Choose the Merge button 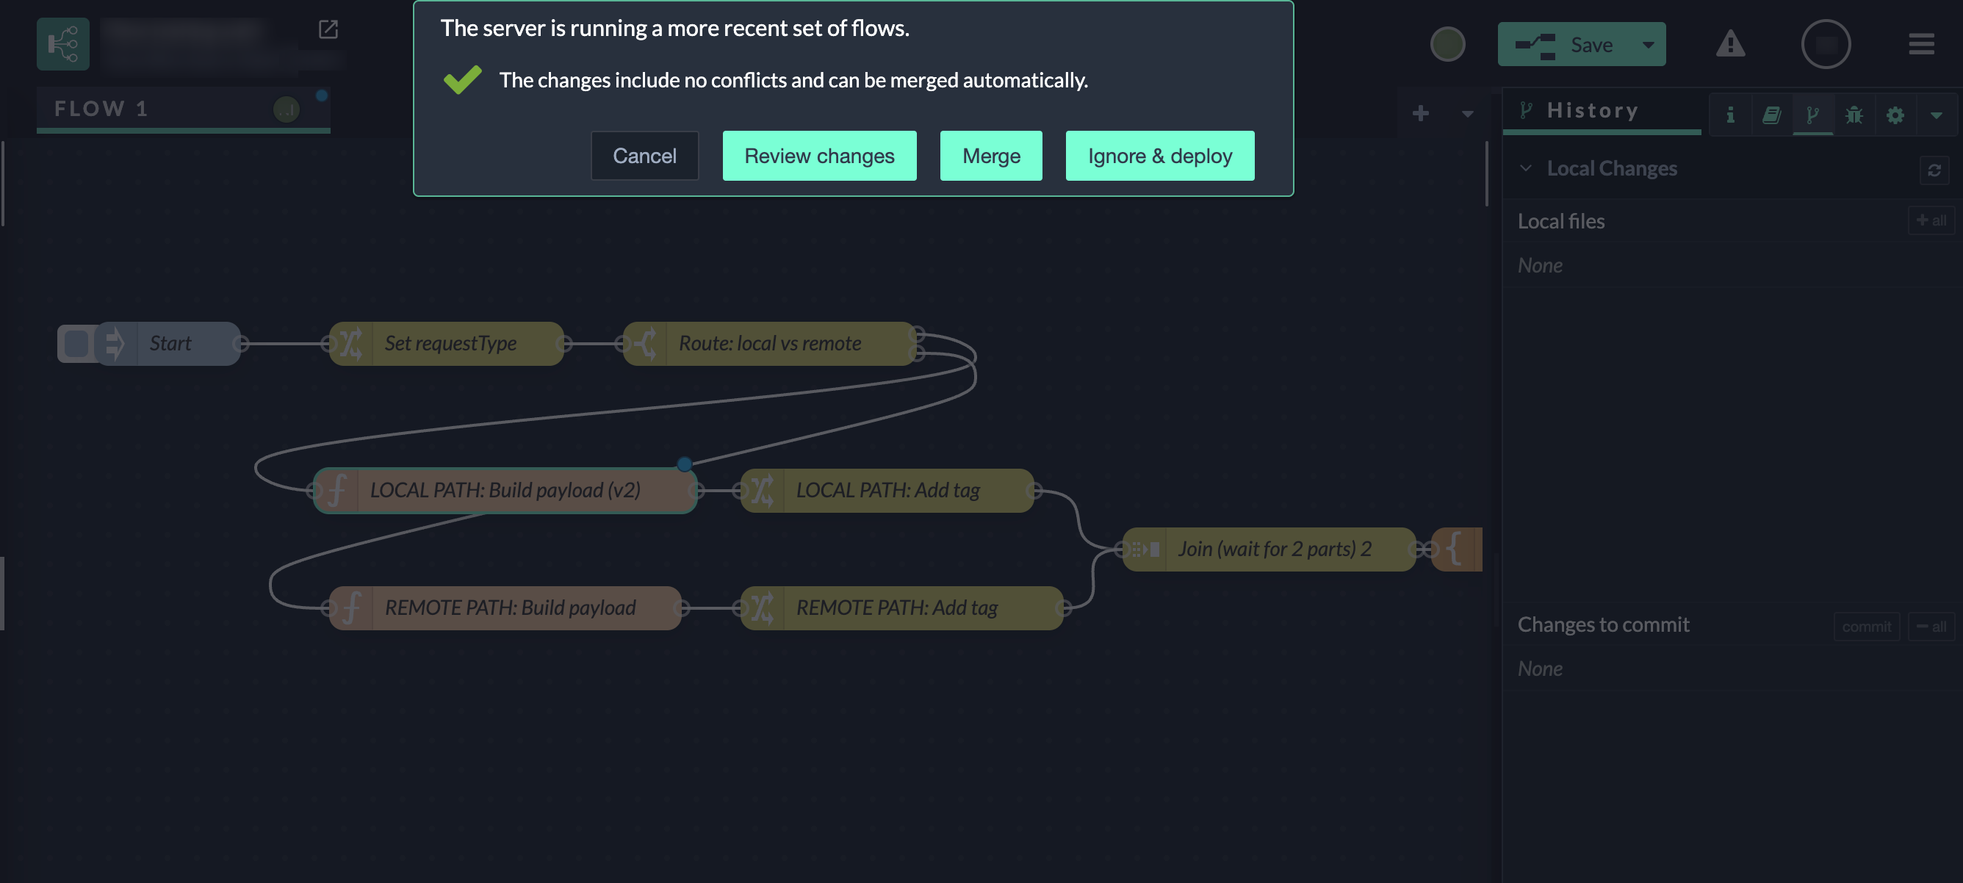click(x=990, y=156)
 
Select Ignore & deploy click(x=1159, y=156)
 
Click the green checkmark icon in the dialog click(x=462, y=79)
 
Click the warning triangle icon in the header click(x=1730, y=44)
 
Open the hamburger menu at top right click(x=1920, y=44)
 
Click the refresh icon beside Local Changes click(x=1934, y=170)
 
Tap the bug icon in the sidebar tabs click(x=1854, y=115)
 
